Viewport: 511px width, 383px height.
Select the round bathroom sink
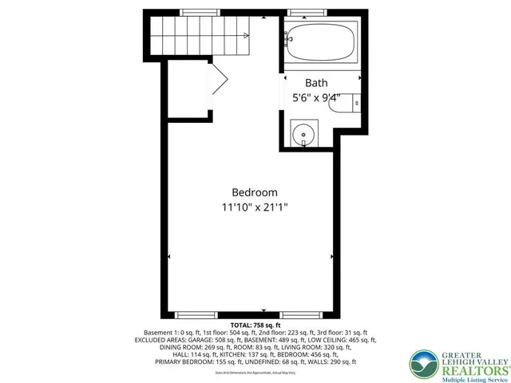click(303, 134)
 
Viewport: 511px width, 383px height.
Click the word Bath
click(316, 83)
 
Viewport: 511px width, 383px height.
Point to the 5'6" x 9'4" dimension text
click(316, 98)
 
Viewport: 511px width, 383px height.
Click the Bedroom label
click(255, 192)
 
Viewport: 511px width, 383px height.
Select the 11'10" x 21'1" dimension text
click(255, 207)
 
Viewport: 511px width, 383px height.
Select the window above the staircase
click(200, 12)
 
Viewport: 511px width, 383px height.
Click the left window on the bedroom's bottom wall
click(196, 314)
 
